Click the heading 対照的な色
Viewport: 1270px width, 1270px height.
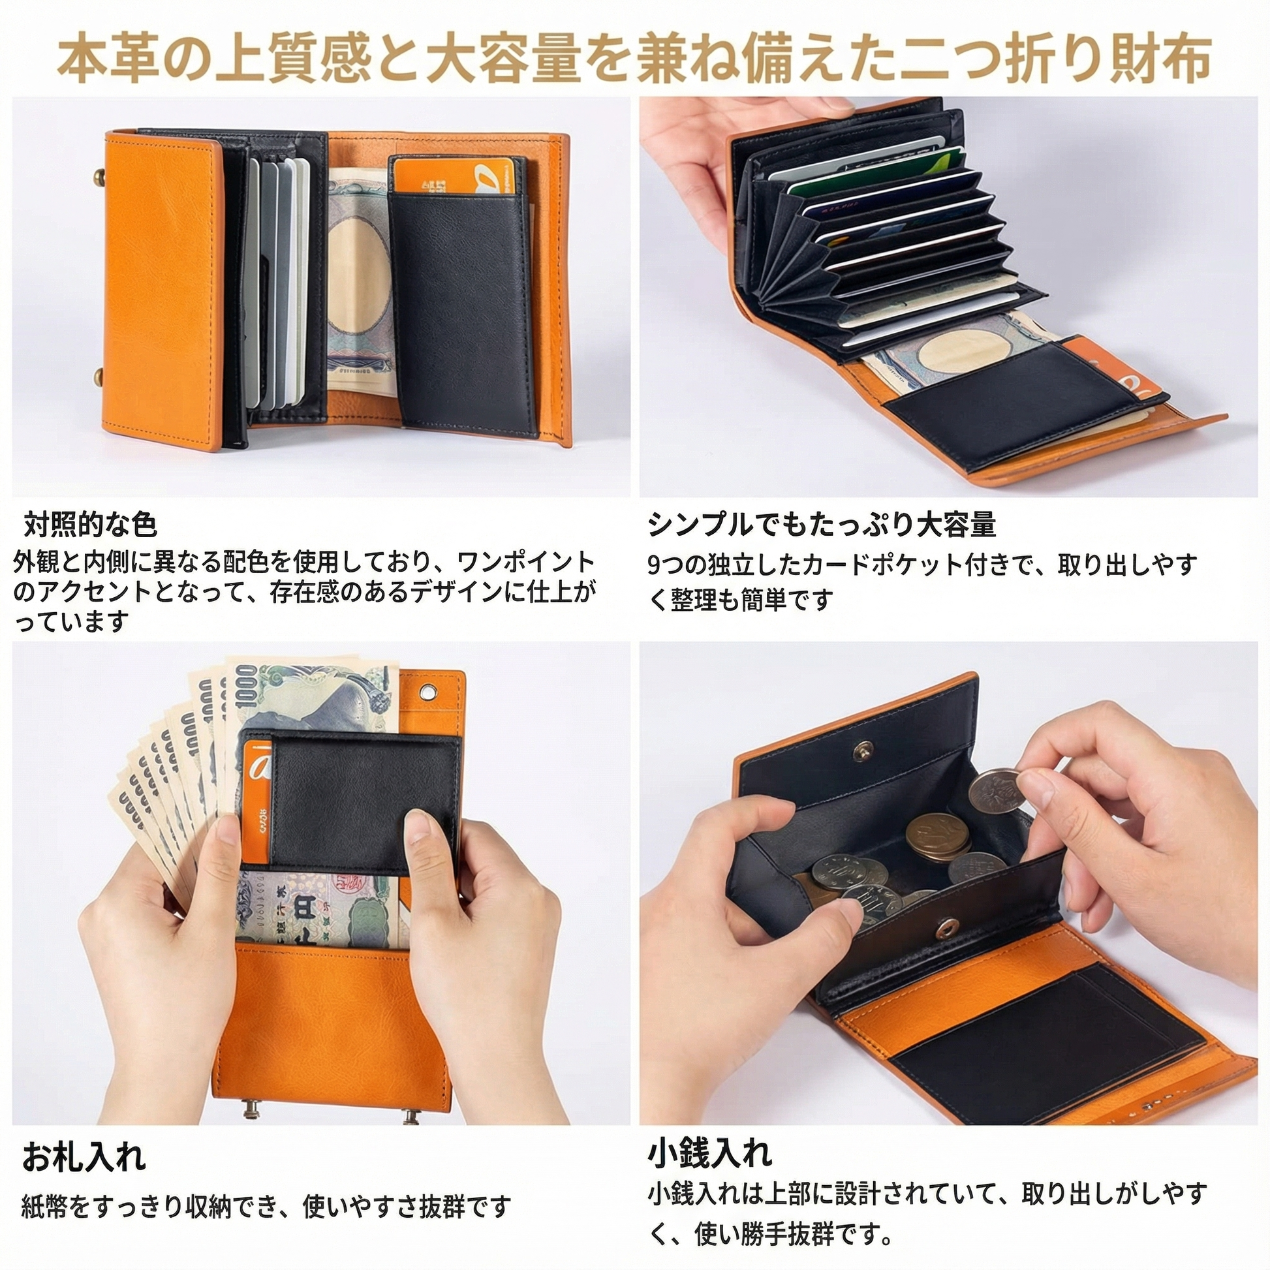91,525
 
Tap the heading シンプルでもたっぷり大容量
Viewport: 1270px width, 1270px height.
822,525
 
